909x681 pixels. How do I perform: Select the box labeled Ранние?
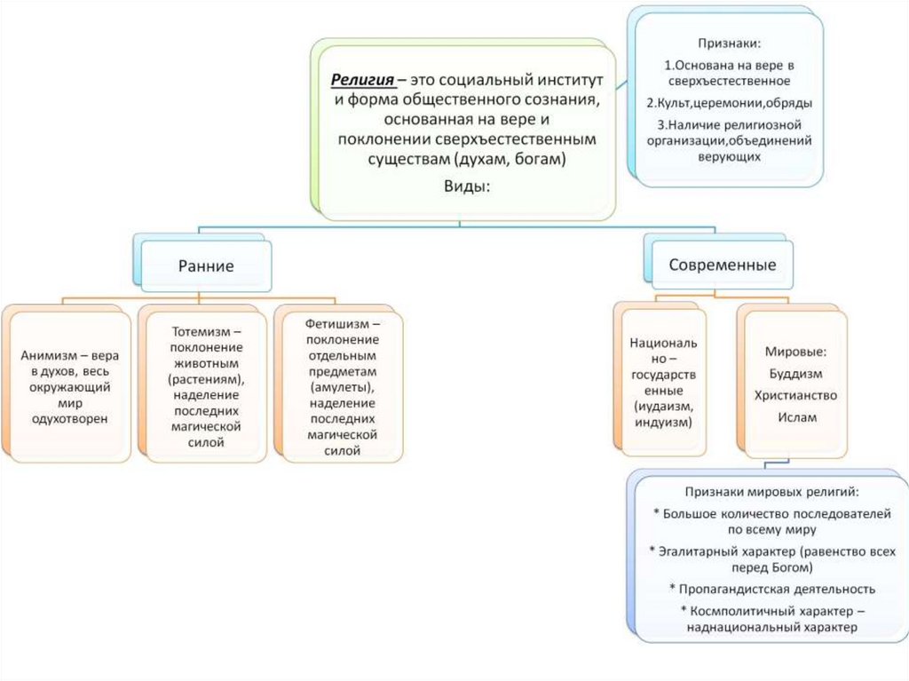[206, 265]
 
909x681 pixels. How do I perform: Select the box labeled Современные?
[722, 265]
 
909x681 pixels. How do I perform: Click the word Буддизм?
[794, 373]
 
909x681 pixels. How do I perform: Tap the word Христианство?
[794, 395]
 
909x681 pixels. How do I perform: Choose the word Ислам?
[794, 416]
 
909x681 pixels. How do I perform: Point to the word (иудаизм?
[661, 405]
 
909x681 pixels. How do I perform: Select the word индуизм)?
[662, 421]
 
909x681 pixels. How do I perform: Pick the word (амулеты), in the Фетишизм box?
[343, 388]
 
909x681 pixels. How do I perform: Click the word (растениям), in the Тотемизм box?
[207, 379]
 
